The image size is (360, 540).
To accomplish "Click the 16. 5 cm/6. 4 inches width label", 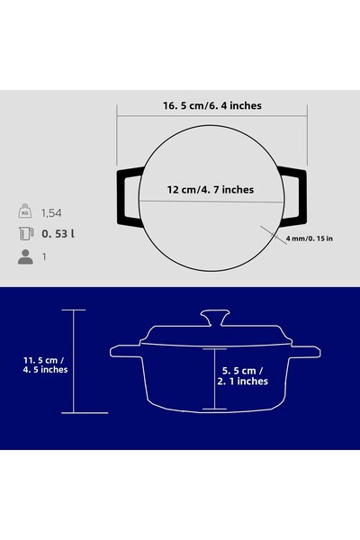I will point(212,105).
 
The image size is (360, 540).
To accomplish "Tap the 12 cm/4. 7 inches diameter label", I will point(211,190).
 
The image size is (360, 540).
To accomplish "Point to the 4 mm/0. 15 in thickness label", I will point(310,238).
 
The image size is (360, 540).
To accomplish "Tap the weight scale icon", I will point(24,213).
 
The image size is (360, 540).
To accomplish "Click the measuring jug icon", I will point(24,235).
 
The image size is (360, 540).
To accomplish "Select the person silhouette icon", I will point(24,256).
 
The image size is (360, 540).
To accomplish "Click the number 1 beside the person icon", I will point(44,256).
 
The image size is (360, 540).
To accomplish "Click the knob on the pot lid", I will point(213,319).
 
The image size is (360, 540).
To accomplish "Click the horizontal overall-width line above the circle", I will point(212,115).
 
